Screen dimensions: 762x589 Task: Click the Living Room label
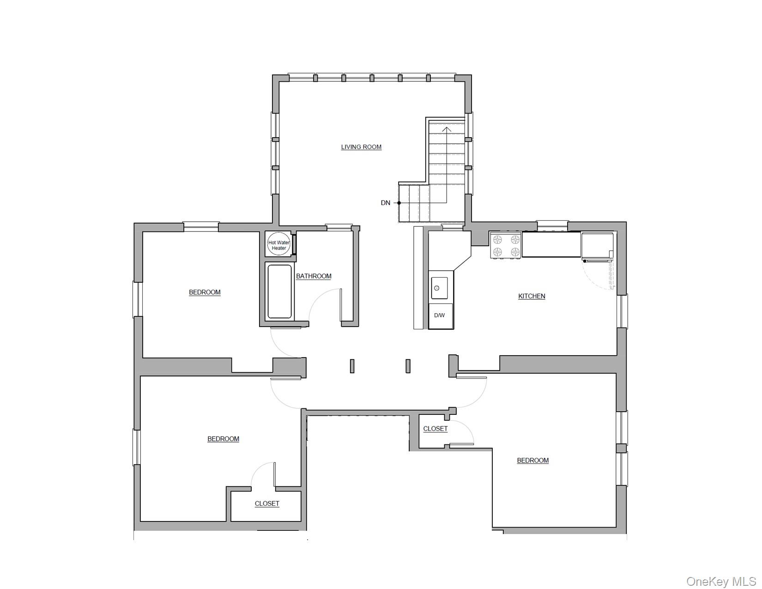[361, 147]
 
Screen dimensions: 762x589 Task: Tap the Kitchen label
[532, 296]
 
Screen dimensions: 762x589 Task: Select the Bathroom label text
[314, 276]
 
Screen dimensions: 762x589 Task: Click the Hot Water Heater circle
[279, 245]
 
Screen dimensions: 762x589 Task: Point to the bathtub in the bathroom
[279, 291]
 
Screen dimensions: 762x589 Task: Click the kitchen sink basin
[439, 288]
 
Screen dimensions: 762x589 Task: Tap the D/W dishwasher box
[441, 316]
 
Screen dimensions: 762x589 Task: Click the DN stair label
[385, 203]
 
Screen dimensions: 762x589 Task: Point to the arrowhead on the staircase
[447, 129]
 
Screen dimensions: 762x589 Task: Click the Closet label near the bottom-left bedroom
[267, 504]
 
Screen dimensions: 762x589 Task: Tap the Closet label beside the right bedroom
[435, 429]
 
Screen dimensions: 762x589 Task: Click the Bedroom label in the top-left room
[205, 292]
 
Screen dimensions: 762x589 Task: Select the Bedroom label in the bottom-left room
[223, 439]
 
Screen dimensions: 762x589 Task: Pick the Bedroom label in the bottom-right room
[532, 460]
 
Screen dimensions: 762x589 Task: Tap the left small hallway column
[352, 366]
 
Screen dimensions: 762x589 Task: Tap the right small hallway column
[408, 366]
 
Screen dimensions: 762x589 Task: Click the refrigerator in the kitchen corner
[597, 246]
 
